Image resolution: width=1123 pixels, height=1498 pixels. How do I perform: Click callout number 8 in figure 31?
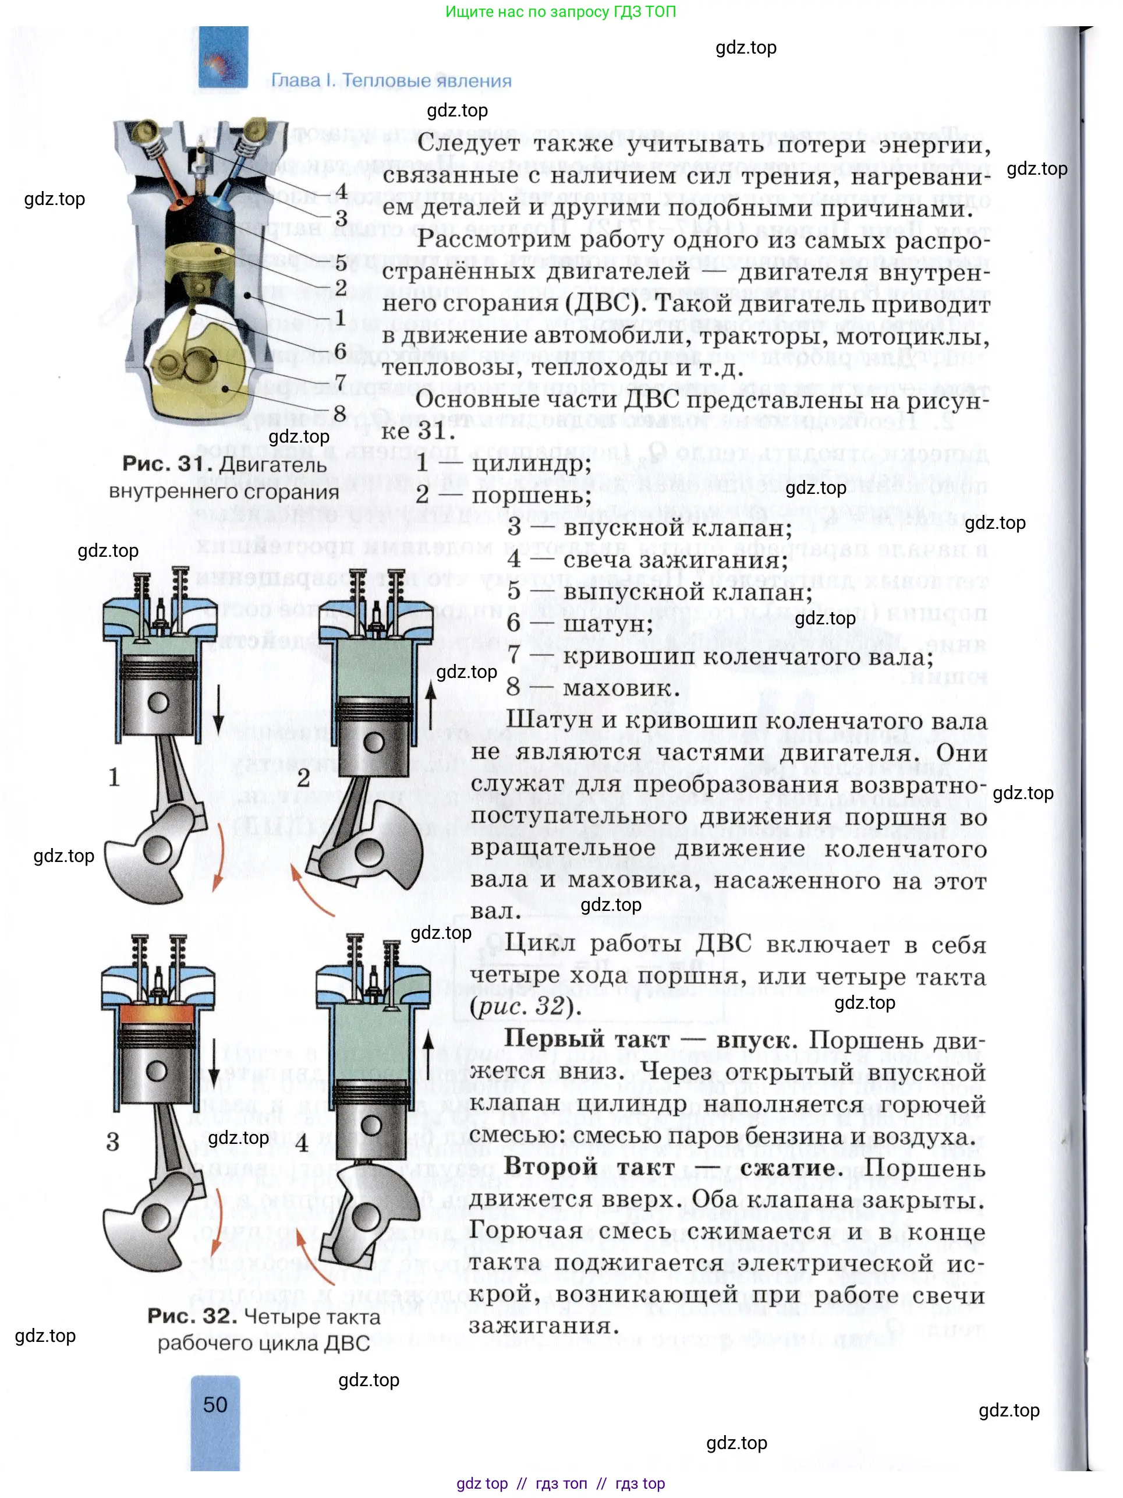340,412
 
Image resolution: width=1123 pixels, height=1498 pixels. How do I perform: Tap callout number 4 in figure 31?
341,191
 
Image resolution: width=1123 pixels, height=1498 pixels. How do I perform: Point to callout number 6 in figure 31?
341,350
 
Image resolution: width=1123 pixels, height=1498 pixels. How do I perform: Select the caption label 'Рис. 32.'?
192,1316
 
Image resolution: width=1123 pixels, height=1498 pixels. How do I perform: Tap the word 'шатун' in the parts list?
607,624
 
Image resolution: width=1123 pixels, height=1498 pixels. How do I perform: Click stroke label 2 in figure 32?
303,778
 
